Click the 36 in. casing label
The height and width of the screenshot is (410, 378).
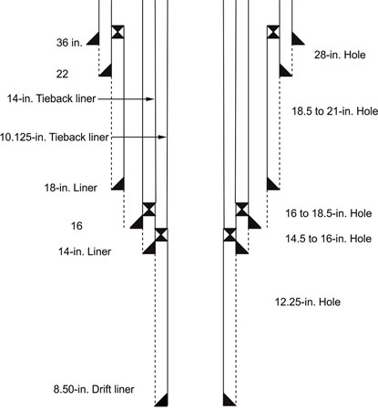[x=69, y=43]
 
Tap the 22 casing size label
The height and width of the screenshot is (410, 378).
[x=62, y=74]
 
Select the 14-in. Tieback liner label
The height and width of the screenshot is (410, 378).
[x=52, y=98]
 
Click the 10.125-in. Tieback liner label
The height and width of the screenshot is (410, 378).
[x=54, y=138]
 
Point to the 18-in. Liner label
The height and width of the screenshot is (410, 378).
[x=71, y=188]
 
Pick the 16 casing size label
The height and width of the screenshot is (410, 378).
[x=77, y=226]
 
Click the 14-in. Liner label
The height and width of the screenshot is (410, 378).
[x=85, y=251]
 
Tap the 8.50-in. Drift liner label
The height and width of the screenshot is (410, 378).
[x=94, y=389]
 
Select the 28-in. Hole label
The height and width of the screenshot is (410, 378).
[x=340, y=55]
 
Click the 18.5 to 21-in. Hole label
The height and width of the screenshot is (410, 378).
[x=335, y=111]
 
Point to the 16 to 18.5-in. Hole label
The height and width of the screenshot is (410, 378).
[x=329, y=213]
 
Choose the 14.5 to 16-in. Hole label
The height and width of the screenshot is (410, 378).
[x=329, y=239]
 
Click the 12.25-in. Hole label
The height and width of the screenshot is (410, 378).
[x=308, y=302]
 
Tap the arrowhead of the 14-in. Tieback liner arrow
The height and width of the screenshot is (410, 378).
[x=151, y=99]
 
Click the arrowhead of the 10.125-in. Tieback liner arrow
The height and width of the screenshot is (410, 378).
[x=163, y=138]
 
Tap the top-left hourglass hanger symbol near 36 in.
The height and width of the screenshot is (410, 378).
[x=117, y=32]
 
